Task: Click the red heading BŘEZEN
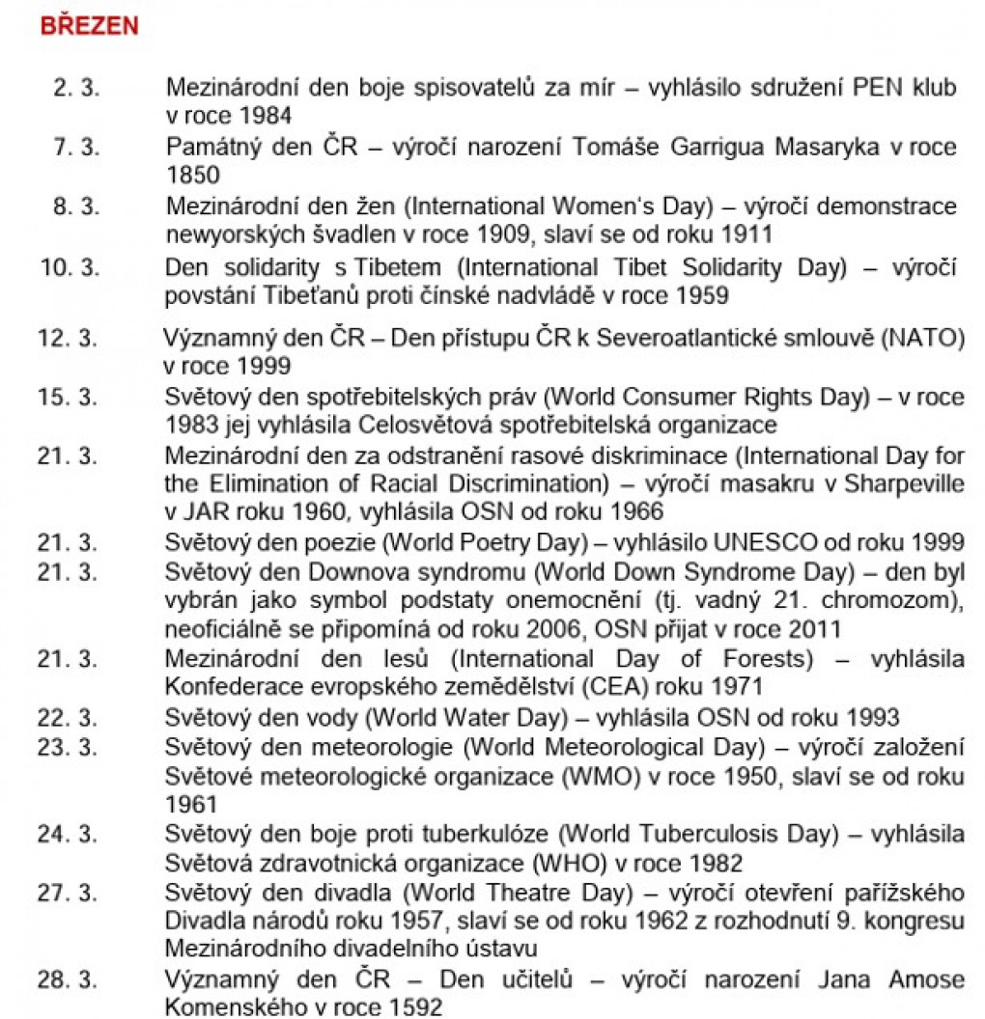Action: coord(89,26)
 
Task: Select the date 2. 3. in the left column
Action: coord(75,89)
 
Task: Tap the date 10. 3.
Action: coord(69,267)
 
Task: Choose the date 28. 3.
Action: coord(69,980)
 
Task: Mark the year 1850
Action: coord(193,176)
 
